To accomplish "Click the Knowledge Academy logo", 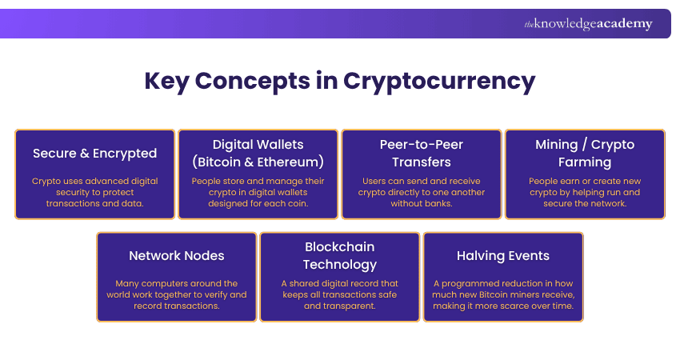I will point(588,24).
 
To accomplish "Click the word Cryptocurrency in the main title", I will point(439,81).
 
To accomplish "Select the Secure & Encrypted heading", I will point(94,153).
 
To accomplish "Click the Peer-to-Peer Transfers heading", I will point(421,153).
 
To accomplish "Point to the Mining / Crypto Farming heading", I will point(584,153).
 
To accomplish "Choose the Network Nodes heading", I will point(176,256).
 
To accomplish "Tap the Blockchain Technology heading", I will point(339,255).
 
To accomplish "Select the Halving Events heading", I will point(502,256).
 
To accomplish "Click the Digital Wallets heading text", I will point(258,145).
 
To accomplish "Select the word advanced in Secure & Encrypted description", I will point(109,181).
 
